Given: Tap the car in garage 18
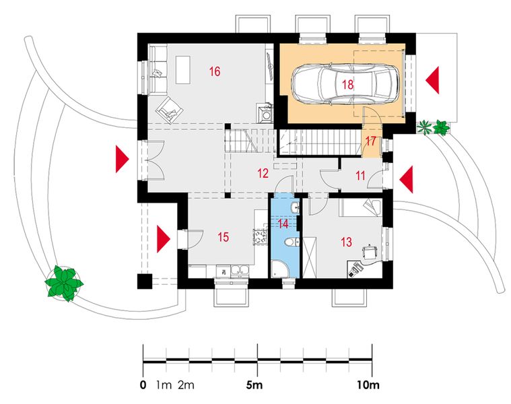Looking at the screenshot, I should (x=345, y=84).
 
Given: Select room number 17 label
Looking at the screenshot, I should (x=370, y=142).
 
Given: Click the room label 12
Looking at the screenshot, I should (x=263, y=173).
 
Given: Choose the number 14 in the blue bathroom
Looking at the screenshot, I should (x=283, y=223).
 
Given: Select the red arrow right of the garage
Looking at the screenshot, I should (x=432, y=79).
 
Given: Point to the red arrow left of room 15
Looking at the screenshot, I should (x=164, y=238).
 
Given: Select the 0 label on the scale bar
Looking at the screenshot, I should (x=143, y=386).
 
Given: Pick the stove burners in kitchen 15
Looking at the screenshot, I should (x=259, y=237).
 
